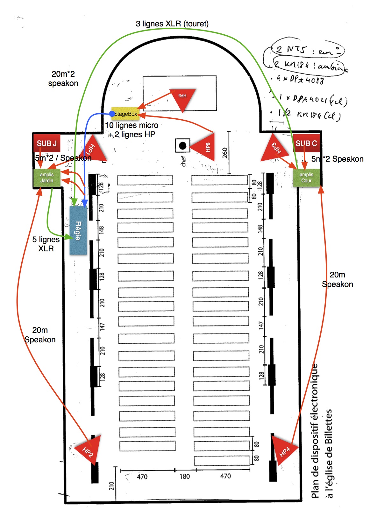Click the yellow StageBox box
pos(125,114)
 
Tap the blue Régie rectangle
pos(78,230)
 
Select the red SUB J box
pos(46,143)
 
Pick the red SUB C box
pos(306,143)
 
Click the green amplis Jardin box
pos(46,178)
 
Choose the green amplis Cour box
pos(306,178)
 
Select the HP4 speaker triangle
pos(283,449)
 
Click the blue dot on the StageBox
pos(112,114)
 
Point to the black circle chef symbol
pos(182,146)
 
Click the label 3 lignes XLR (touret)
pos(172,24)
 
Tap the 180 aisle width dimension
pos(185,476)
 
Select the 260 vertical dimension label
pos(225,153)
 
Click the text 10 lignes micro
pos(132,125)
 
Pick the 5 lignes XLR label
pos(46,244)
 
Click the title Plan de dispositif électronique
pos(315,431)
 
